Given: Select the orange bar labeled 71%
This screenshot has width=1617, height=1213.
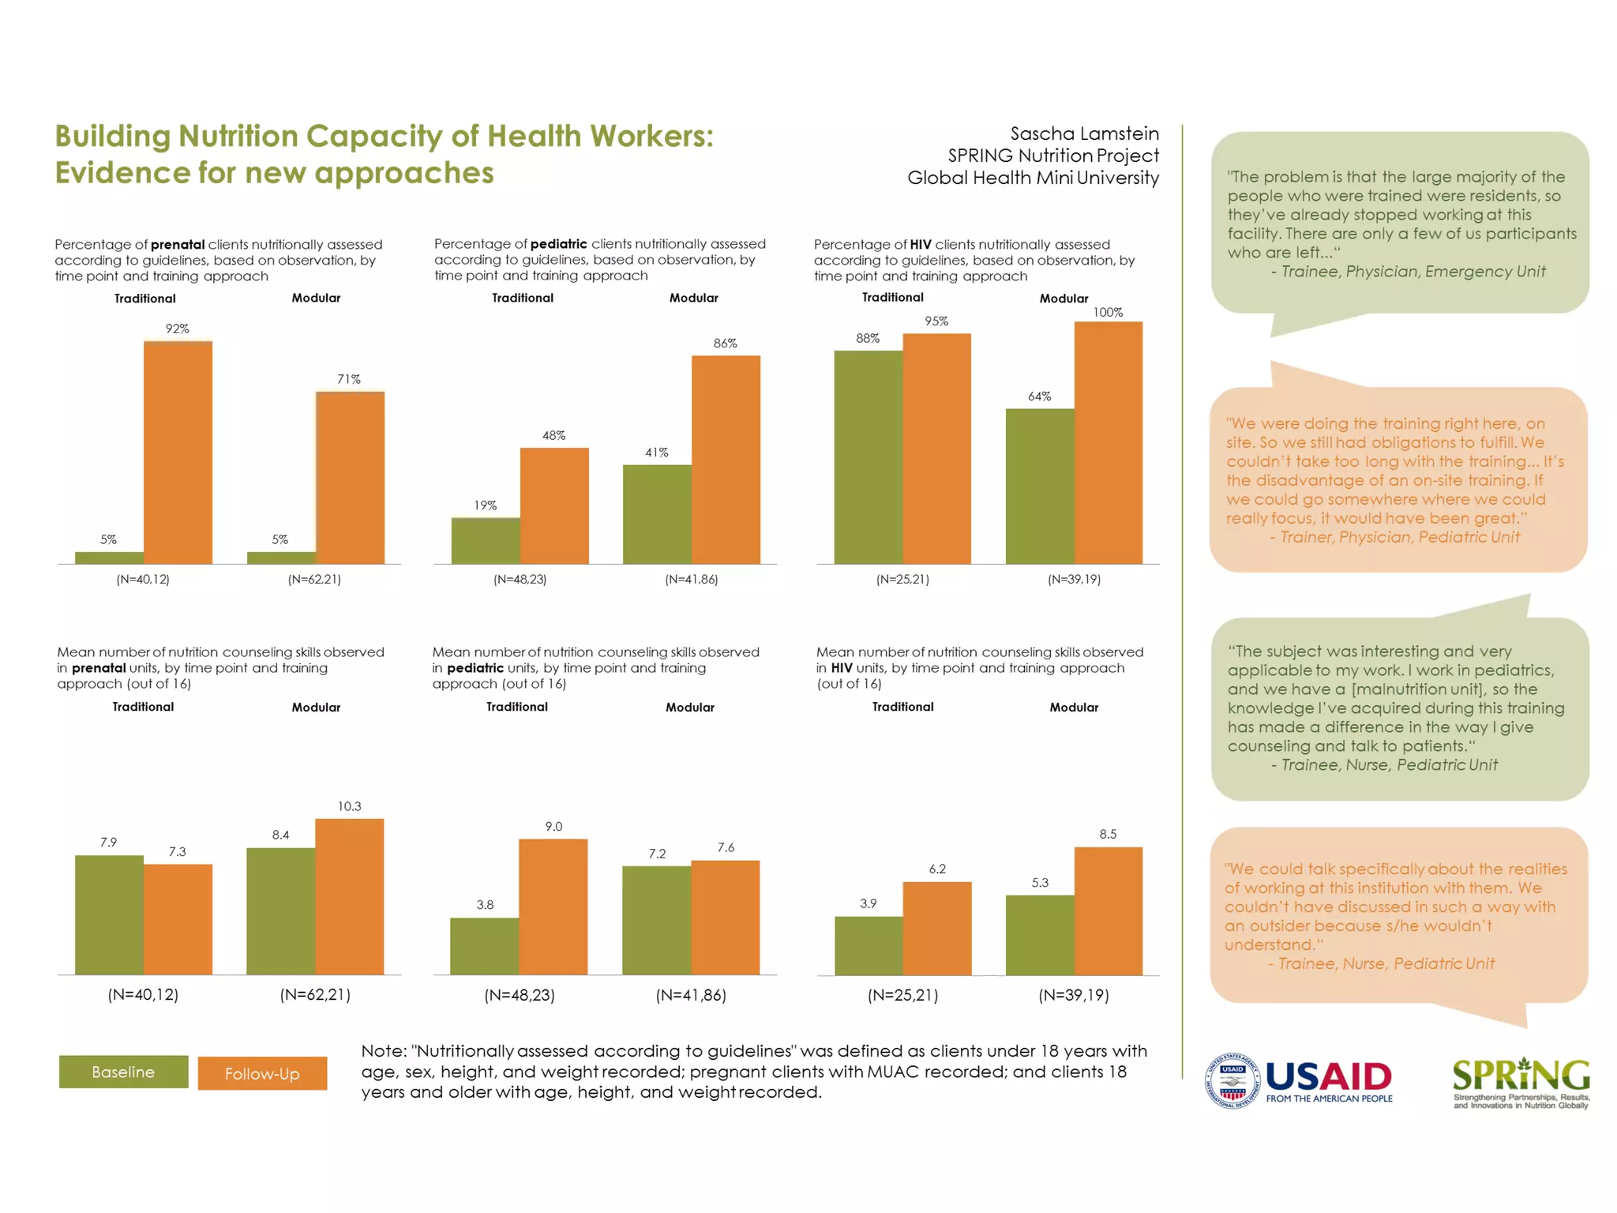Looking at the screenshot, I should click(x=350, y=478).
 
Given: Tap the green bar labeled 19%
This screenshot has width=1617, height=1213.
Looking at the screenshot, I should click(x=486, y=540).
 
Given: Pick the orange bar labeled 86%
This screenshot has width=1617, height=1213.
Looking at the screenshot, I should click(x=726, y=460).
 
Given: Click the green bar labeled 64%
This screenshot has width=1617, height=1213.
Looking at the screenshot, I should click(x=1040, y=486).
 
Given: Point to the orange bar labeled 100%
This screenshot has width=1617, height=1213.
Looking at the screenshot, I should click(x=1108, y=442).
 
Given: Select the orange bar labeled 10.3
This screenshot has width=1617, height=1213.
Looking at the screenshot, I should click(x=349, y=896).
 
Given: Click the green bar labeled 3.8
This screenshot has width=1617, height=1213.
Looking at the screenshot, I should click(x=485, y=945).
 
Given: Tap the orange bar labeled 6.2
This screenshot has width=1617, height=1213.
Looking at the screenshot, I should click(x=937, y=928).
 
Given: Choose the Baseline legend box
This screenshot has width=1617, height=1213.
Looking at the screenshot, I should click(x=123, y=1072).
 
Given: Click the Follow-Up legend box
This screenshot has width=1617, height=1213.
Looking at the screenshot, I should click(x=262, y=1073).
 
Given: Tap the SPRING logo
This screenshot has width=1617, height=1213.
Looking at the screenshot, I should click(x=1521, y=1082).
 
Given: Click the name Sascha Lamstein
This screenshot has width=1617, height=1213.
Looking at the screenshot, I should click(x=1084, y=133).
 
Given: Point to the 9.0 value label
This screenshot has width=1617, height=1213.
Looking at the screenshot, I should click(x=553, y=827).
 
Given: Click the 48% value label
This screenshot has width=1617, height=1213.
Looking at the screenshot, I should click(x=553, y=435).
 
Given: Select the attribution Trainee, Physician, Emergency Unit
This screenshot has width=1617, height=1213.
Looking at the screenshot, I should click(x=1413, y=272).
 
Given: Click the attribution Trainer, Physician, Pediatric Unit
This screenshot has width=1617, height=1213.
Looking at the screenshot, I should click(x=1399, y=537).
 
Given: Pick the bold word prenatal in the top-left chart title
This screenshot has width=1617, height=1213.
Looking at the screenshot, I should click(x=178, y=245).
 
